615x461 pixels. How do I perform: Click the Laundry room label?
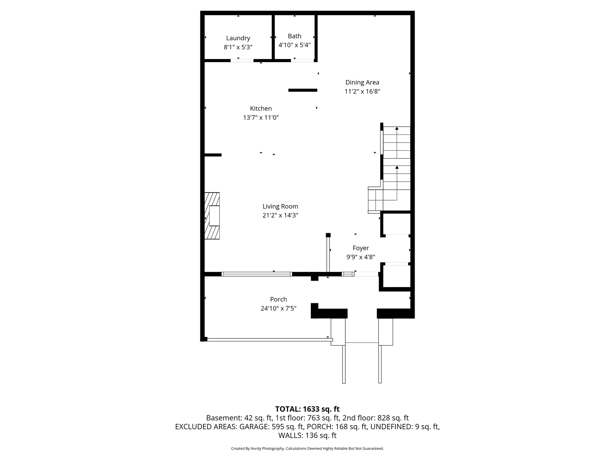point(238,38)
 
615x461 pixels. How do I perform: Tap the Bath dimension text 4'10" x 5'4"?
point(295,45)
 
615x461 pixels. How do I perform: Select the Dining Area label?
point(362,82)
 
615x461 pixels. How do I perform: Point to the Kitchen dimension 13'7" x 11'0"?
point(261,118)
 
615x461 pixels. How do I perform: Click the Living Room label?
point(280,206)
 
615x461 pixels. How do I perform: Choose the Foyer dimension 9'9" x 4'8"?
point(361,257)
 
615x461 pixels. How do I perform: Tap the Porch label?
point(278,299)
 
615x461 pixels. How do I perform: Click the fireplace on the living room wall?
point(212,216)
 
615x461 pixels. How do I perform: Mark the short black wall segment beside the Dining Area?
point(303,90)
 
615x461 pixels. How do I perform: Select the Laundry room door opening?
point(242,60)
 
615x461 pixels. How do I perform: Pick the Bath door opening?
point(302,60)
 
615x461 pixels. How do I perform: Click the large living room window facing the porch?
point(257,274)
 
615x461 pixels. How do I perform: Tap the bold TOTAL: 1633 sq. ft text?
point(307,409)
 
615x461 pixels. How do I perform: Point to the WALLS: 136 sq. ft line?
point(307,435)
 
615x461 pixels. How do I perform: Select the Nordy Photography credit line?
point(307,449)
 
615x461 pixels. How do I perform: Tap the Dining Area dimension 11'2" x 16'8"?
point(362,91)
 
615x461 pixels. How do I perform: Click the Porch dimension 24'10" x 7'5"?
point(278,308)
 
